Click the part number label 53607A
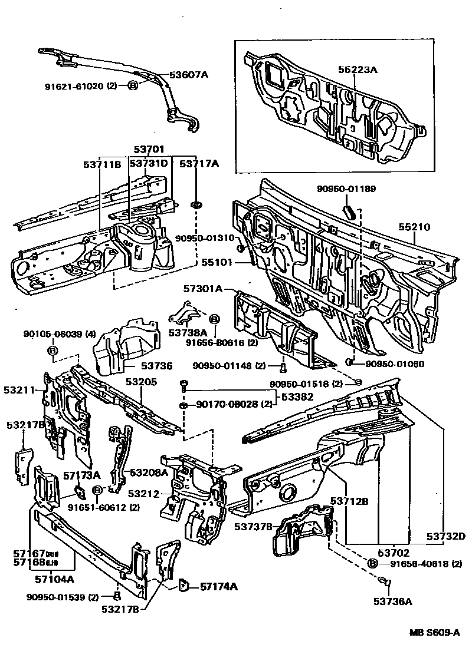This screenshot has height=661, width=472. [189, 75]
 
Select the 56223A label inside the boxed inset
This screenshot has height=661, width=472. [357, 70]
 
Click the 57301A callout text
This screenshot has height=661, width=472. [202, 289]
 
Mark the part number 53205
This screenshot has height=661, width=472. [141, 382]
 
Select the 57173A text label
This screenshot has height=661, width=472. [82, 474]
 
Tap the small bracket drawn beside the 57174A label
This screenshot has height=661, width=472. [184, 585]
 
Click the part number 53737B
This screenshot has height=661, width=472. [253, 526]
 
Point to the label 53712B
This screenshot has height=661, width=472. [349, 501]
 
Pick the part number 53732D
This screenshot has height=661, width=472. [446, 536]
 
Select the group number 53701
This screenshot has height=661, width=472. [148, 150]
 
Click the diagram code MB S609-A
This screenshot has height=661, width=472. [435, 632]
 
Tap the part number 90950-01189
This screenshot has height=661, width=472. [346, 189]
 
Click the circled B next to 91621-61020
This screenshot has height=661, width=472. [133, 85]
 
